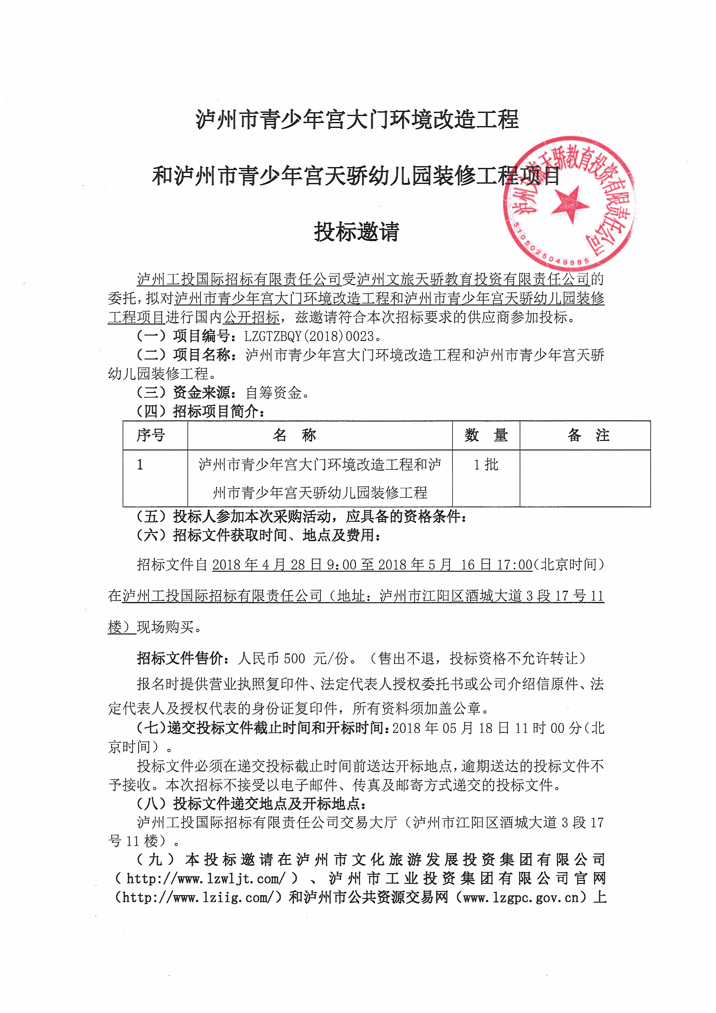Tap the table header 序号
[x=151, y=435]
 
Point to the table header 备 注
[x=589, y=435]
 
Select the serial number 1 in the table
[x=140, y=465]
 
